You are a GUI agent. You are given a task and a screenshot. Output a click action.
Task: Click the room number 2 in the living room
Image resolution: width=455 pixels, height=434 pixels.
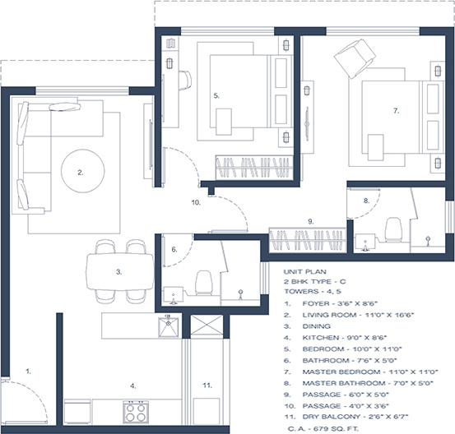pyautogui.click(x=81, y=173)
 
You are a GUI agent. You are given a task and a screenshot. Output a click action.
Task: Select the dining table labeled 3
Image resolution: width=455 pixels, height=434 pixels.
pyautogui.click(x=120, y=270)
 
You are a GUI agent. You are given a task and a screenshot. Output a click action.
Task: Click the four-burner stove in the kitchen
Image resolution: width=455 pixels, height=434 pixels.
pyautogui.click(x=134, y=411)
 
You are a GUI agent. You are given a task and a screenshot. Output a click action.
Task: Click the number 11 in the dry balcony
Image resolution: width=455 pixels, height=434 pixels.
pyautogui.click(x=207, y=384)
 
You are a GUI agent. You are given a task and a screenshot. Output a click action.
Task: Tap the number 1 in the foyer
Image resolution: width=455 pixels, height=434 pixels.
pyautogui.click(x=28, y=371)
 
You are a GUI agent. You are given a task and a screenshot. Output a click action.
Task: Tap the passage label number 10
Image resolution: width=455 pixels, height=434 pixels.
pyautogui.click(x=196, y=201)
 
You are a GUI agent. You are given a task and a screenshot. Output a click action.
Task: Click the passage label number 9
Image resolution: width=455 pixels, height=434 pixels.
pyautogui.click(x=309, y=221)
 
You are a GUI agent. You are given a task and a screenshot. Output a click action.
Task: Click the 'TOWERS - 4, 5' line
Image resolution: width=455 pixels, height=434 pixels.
pyautogui.click(x=314, y=291)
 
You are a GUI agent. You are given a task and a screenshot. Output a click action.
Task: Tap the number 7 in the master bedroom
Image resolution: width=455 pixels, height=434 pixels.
pyautogui.click(x=396, y=110)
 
